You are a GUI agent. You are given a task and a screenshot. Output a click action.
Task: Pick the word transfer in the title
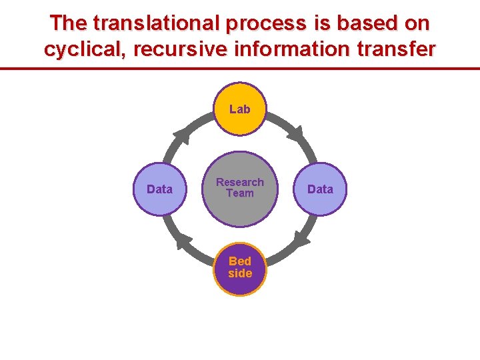[397, 49]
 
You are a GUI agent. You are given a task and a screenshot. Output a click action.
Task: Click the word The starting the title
[69, 23]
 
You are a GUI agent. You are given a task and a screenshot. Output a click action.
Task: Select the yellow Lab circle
[240, 109]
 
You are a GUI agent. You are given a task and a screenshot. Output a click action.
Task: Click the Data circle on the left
[159, 189]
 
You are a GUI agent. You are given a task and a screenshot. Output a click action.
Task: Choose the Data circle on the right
[320, 189]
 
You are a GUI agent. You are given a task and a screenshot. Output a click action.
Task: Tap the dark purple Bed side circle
[240, 268]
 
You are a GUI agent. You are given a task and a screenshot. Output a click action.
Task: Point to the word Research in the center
[240, 182]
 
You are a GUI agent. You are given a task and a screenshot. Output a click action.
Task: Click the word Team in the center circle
[240, 193]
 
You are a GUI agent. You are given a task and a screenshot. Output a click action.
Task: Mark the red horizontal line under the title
[240, 68]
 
